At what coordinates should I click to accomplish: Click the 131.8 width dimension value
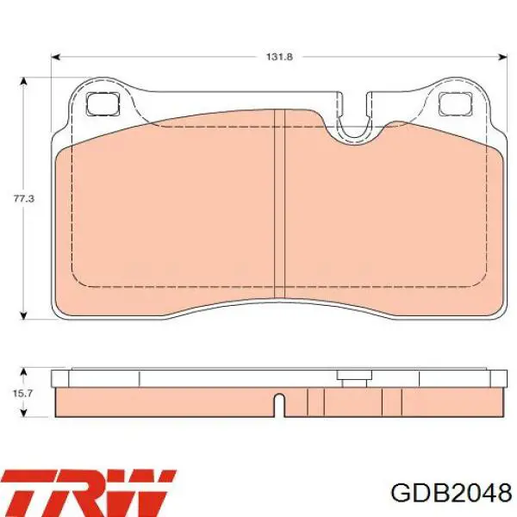(279, 57)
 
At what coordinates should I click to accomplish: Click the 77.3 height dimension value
(24, 199)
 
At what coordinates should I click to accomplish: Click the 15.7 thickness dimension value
(22, 393)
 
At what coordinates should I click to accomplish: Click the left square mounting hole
(103, 103)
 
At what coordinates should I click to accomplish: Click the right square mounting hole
(455, 103)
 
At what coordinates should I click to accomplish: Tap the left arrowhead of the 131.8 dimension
(56, 58)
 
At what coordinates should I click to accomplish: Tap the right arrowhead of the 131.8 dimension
(503, 58)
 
